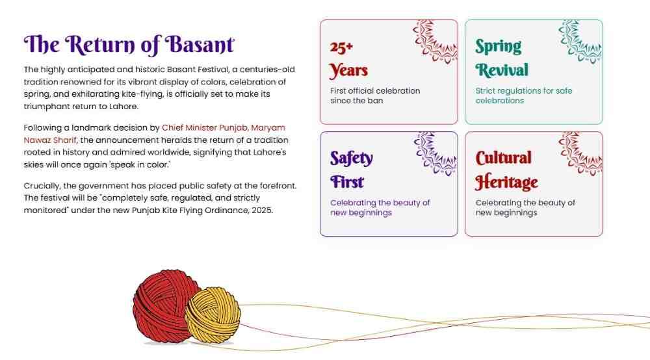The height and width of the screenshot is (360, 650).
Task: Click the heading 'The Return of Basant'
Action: (129, 44)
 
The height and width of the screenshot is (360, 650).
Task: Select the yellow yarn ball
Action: (212, 315)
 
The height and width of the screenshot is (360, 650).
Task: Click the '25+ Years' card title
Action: (349, 58)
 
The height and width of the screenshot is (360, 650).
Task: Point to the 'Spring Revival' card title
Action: (501, 58)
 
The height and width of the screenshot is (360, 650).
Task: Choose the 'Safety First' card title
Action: (352, 170)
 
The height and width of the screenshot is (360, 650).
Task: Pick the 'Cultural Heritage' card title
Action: (506, 170)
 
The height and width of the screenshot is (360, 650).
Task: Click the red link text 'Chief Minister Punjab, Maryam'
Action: (223, 128)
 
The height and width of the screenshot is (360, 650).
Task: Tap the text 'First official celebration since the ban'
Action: (375, 96)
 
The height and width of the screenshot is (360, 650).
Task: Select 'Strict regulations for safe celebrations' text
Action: (523, 96)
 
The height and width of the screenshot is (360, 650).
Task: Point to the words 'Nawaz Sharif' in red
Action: (50, 140)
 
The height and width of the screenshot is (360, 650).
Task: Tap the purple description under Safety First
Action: (380, 207)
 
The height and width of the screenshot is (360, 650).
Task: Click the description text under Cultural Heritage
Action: (525, 207)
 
